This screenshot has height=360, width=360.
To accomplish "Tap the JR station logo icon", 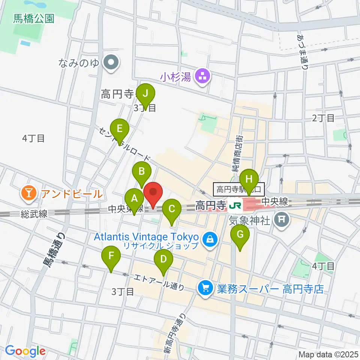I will (x=235, y=205).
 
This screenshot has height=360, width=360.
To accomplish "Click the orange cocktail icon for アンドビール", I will (x=29, y=193).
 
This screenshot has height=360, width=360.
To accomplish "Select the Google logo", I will (x=25, y=351).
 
